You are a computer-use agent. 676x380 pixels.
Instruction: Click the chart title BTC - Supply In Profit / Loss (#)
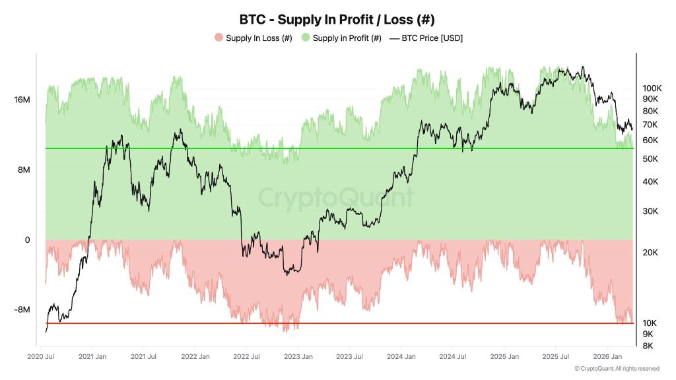(x=337, y=19)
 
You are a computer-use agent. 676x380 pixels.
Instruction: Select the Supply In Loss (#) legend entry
(x=258, y=38)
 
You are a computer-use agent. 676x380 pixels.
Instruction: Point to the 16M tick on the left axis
(x=22, y=100)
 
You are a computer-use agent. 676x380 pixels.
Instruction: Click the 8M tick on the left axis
(x=23, y=170)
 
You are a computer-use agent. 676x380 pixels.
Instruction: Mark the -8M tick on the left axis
(x=22, y=310)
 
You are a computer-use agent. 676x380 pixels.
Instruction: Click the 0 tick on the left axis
(x=27, y=240)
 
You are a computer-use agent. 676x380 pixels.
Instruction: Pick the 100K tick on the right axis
(x=652, y=88)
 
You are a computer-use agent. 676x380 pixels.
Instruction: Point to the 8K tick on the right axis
(x=648, y=346)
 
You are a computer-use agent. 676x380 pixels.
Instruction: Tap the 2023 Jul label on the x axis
(x=349, y=357)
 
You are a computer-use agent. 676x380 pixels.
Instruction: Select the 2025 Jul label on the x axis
(x=555, y=357)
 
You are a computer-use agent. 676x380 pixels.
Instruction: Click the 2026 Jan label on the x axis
(x=607, y=357)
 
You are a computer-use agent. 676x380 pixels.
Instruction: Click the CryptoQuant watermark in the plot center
(x=336, y=198)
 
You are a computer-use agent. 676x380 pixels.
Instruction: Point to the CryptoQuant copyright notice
(x=617, y=368)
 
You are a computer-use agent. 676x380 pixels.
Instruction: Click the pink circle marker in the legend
(x=219, y=38)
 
